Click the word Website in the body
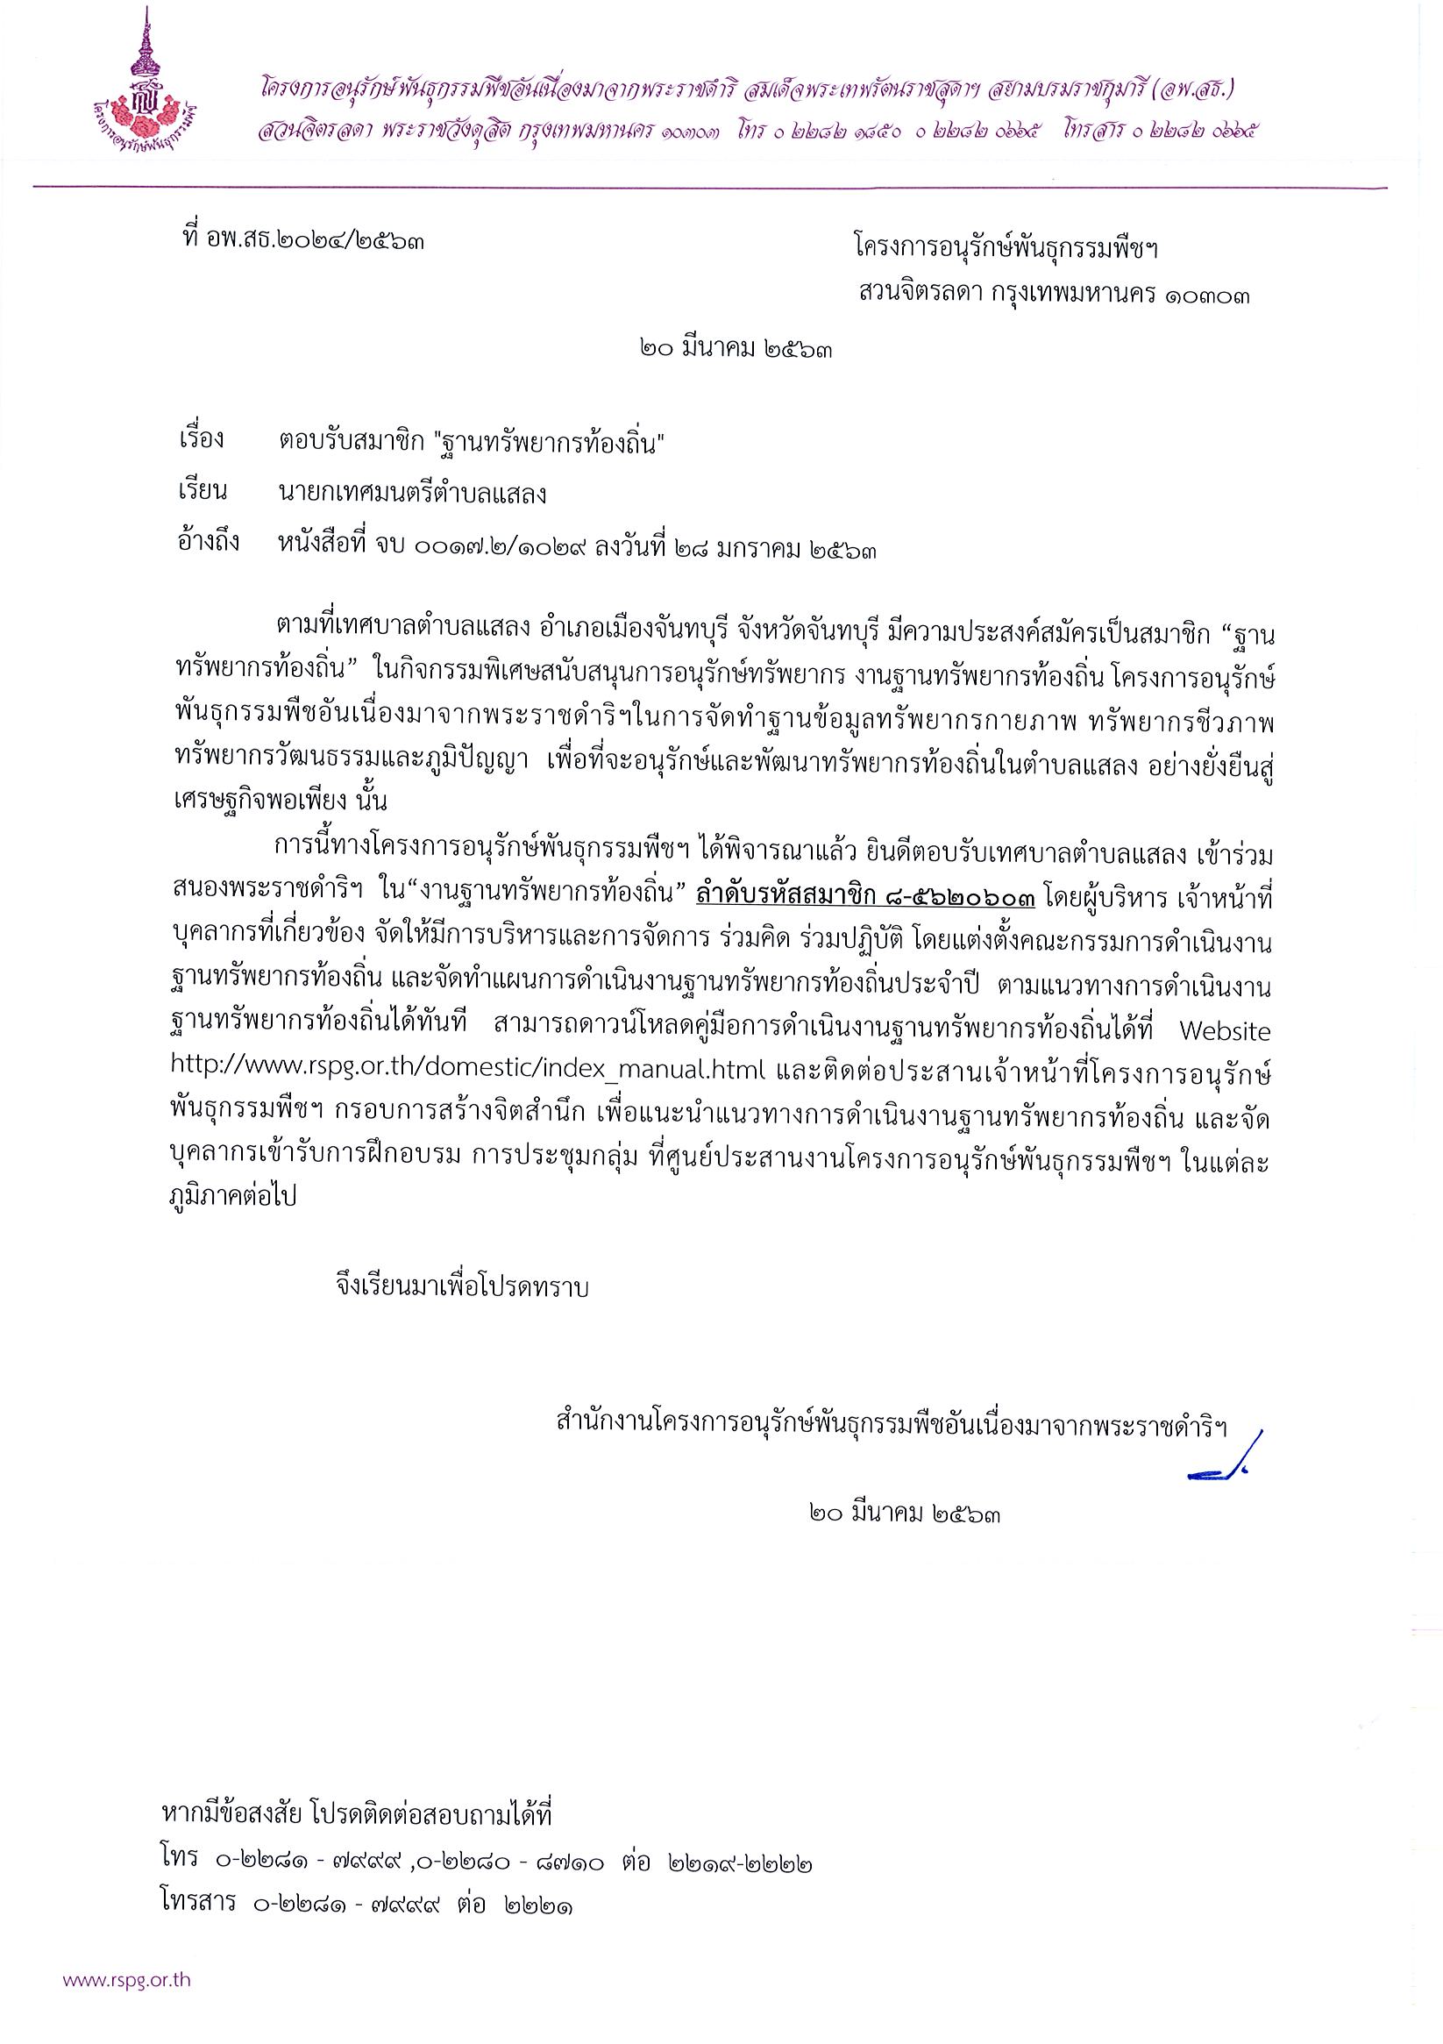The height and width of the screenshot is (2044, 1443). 1224,1031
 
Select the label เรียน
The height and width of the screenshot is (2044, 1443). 203,491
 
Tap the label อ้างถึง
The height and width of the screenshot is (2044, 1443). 209,542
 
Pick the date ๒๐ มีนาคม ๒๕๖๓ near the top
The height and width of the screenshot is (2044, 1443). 737,350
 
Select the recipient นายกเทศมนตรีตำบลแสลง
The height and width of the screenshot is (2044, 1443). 411,492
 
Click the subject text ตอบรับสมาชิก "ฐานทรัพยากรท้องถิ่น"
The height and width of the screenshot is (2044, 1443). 473,442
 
